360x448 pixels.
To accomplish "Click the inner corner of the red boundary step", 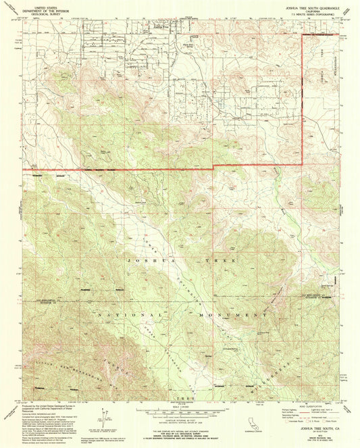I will pyautogui.click(x=214, y=166).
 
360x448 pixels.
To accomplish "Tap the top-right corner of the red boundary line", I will pyautogui.click(x=301, y=36).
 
